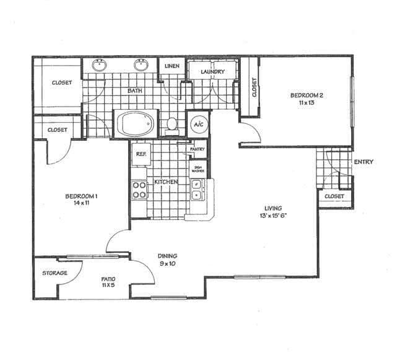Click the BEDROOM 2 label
(x=307, y=95)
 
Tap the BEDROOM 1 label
(x=82, y=196)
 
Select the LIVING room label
(x=272, y=208)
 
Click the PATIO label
(x=108, y=279)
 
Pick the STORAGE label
(x=54, y=273)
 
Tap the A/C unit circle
(x=199, y=123)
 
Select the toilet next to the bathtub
(x=173, y=123)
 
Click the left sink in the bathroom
(x=99, y=64)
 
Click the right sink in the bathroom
(x=141, y=64)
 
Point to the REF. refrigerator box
(x=141, y=153)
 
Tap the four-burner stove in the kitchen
(x=139, y=189)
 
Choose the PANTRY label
(x=198, y=149)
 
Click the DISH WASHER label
(x=198, y=168)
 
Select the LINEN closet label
(x=172, y=65)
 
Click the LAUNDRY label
(x=212, y=72)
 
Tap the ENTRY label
(x=363, y=162)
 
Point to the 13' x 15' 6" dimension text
(x=272, y=216)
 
